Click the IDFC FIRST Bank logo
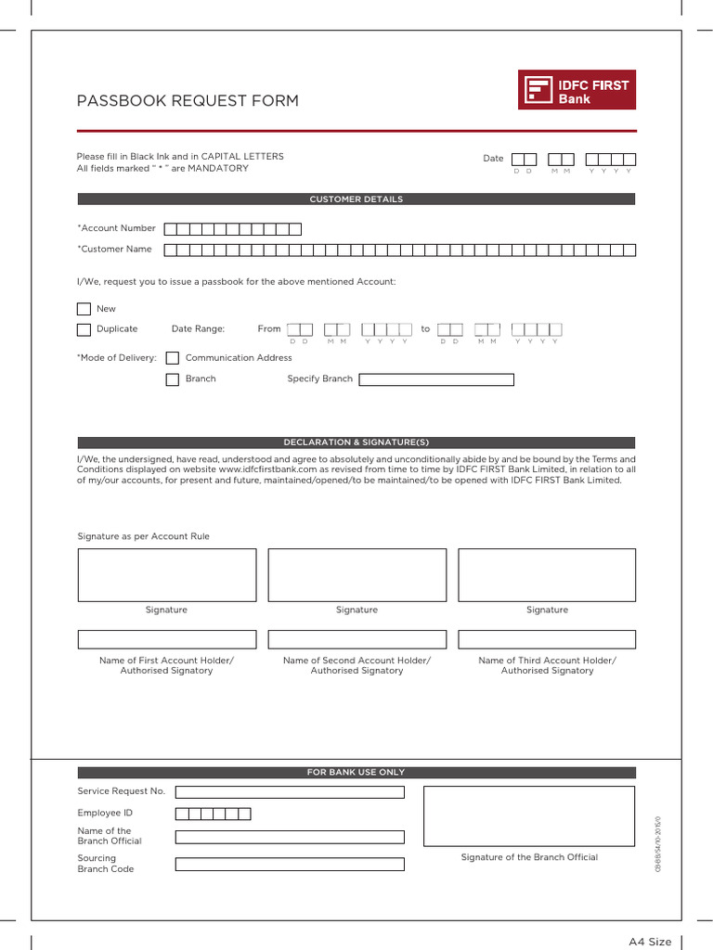[x=577, y=90]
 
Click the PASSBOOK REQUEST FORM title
[x=188, y=101]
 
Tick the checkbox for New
[x=84, y=309]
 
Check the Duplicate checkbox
[x=84, y=329]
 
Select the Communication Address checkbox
[x=172, y=358]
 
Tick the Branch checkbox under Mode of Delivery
[x=172, y=379]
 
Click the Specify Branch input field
[x=436, y=379]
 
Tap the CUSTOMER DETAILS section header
[x=356, y=199]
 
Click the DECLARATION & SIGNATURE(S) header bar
[x=356, y=443]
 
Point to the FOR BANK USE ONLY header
[x=356, y=772]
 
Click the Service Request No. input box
[x=290, y=792]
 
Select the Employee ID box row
[x=213, y=814]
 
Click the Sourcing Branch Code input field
[x=290, y=864]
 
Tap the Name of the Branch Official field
[x=290, y=837]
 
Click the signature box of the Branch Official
[x=529, y=816]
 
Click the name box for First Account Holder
[x=167, y=639]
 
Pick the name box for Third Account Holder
[x=547, y=639]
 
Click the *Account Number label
[x=117, y=228]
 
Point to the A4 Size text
[x=650, y=942]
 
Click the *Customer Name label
[x=114, y=250]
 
